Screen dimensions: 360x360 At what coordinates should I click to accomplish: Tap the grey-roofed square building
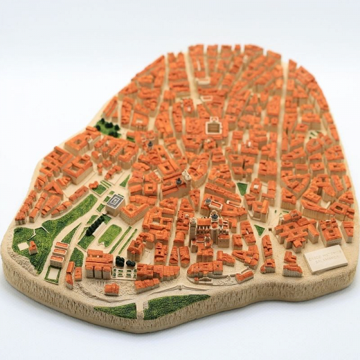pyautogui.click(x=116, y=202)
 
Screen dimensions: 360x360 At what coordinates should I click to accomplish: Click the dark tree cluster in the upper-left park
pyautogui.click(x=108, y=127)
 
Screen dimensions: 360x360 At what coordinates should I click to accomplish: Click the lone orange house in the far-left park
pyautogui.click(x=32, y=247)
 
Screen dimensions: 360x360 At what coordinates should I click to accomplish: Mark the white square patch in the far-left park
pyautogui.click(x=23, y=245)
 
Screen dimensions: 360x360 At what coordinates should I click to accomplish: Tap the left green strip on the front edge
pyautogui.click(x=116, y=311)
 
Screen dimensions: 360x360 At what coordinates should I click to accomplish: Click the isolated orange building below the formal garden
pyautogui.click(x=112, y=289)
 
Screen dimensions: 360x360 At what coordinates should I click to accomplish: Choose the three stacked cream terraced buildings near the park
pyautogui.click(x=58, y=254)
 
